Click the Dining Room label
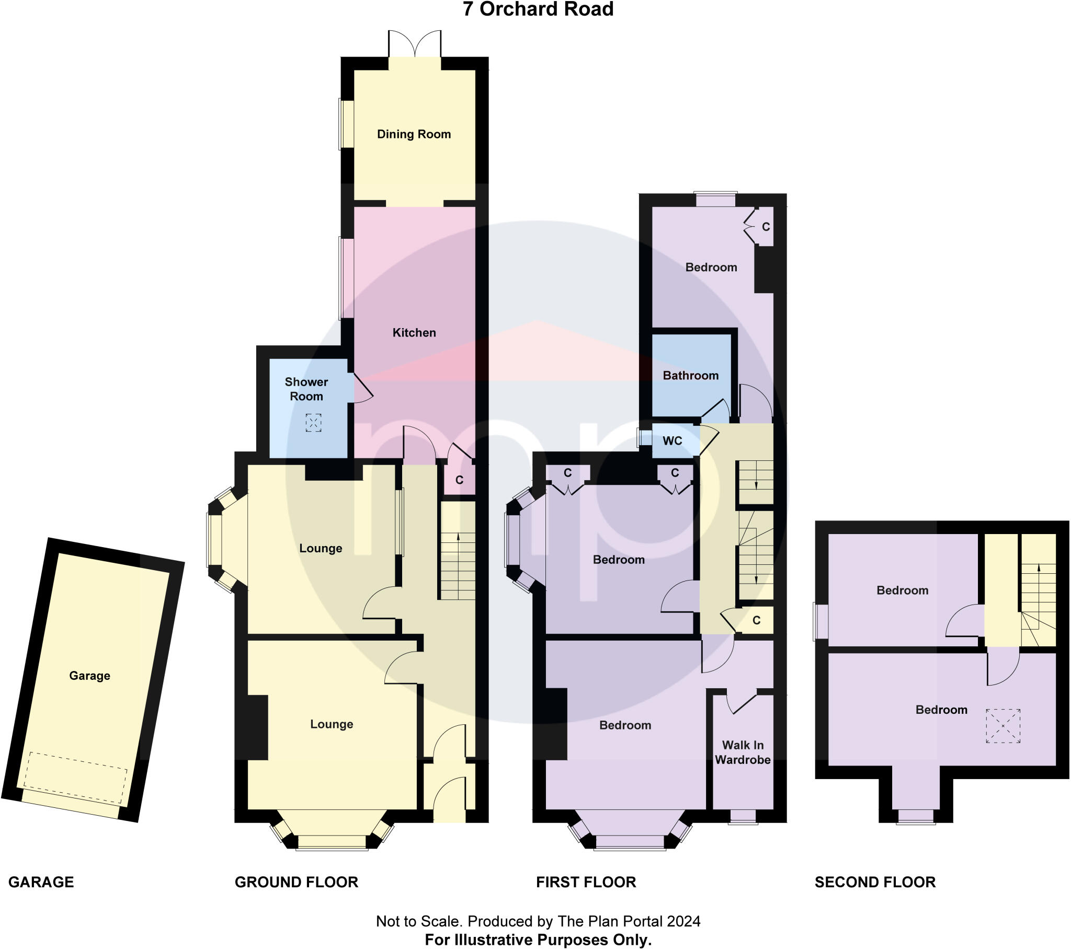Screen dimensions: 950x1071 coord(414,134)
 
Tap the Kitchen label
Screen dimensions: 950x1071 coord(414,332)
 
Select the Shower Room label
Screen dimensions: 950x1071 coord(306,389)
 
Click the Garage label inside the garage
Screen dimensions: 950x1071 coord(89,676)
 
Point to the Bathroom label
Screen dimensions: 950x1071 coord(690,376)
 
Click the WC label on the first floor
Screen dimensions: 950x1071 coord(673,441)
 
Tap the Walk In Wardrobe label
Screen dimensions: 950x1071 coord(743,752)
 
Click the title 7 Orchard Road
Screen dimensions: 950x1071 coord(538,9)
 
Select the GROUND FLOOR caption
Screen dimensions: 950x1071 coord(296,882)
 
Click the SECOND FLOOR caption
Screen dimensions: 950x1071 coord(874,882)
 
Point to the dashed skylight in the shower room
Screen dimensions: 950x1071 coord(313,423)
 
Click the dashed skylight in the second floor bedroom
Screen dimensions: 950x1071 coord(1003,725)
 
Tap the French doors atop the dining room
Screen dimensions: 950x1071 coord(415,44)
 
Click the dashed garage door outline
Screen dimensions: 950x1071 coord(77,778)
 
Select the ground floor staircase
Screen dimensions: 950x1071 coord(458,565)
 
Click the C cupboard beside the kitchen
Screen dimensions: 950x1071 coord(459,479)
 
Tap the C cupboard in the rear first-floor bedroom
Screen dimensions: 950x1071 coord(765,227)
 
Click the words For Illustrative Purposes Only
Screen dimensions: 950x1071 coord(538,940)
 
